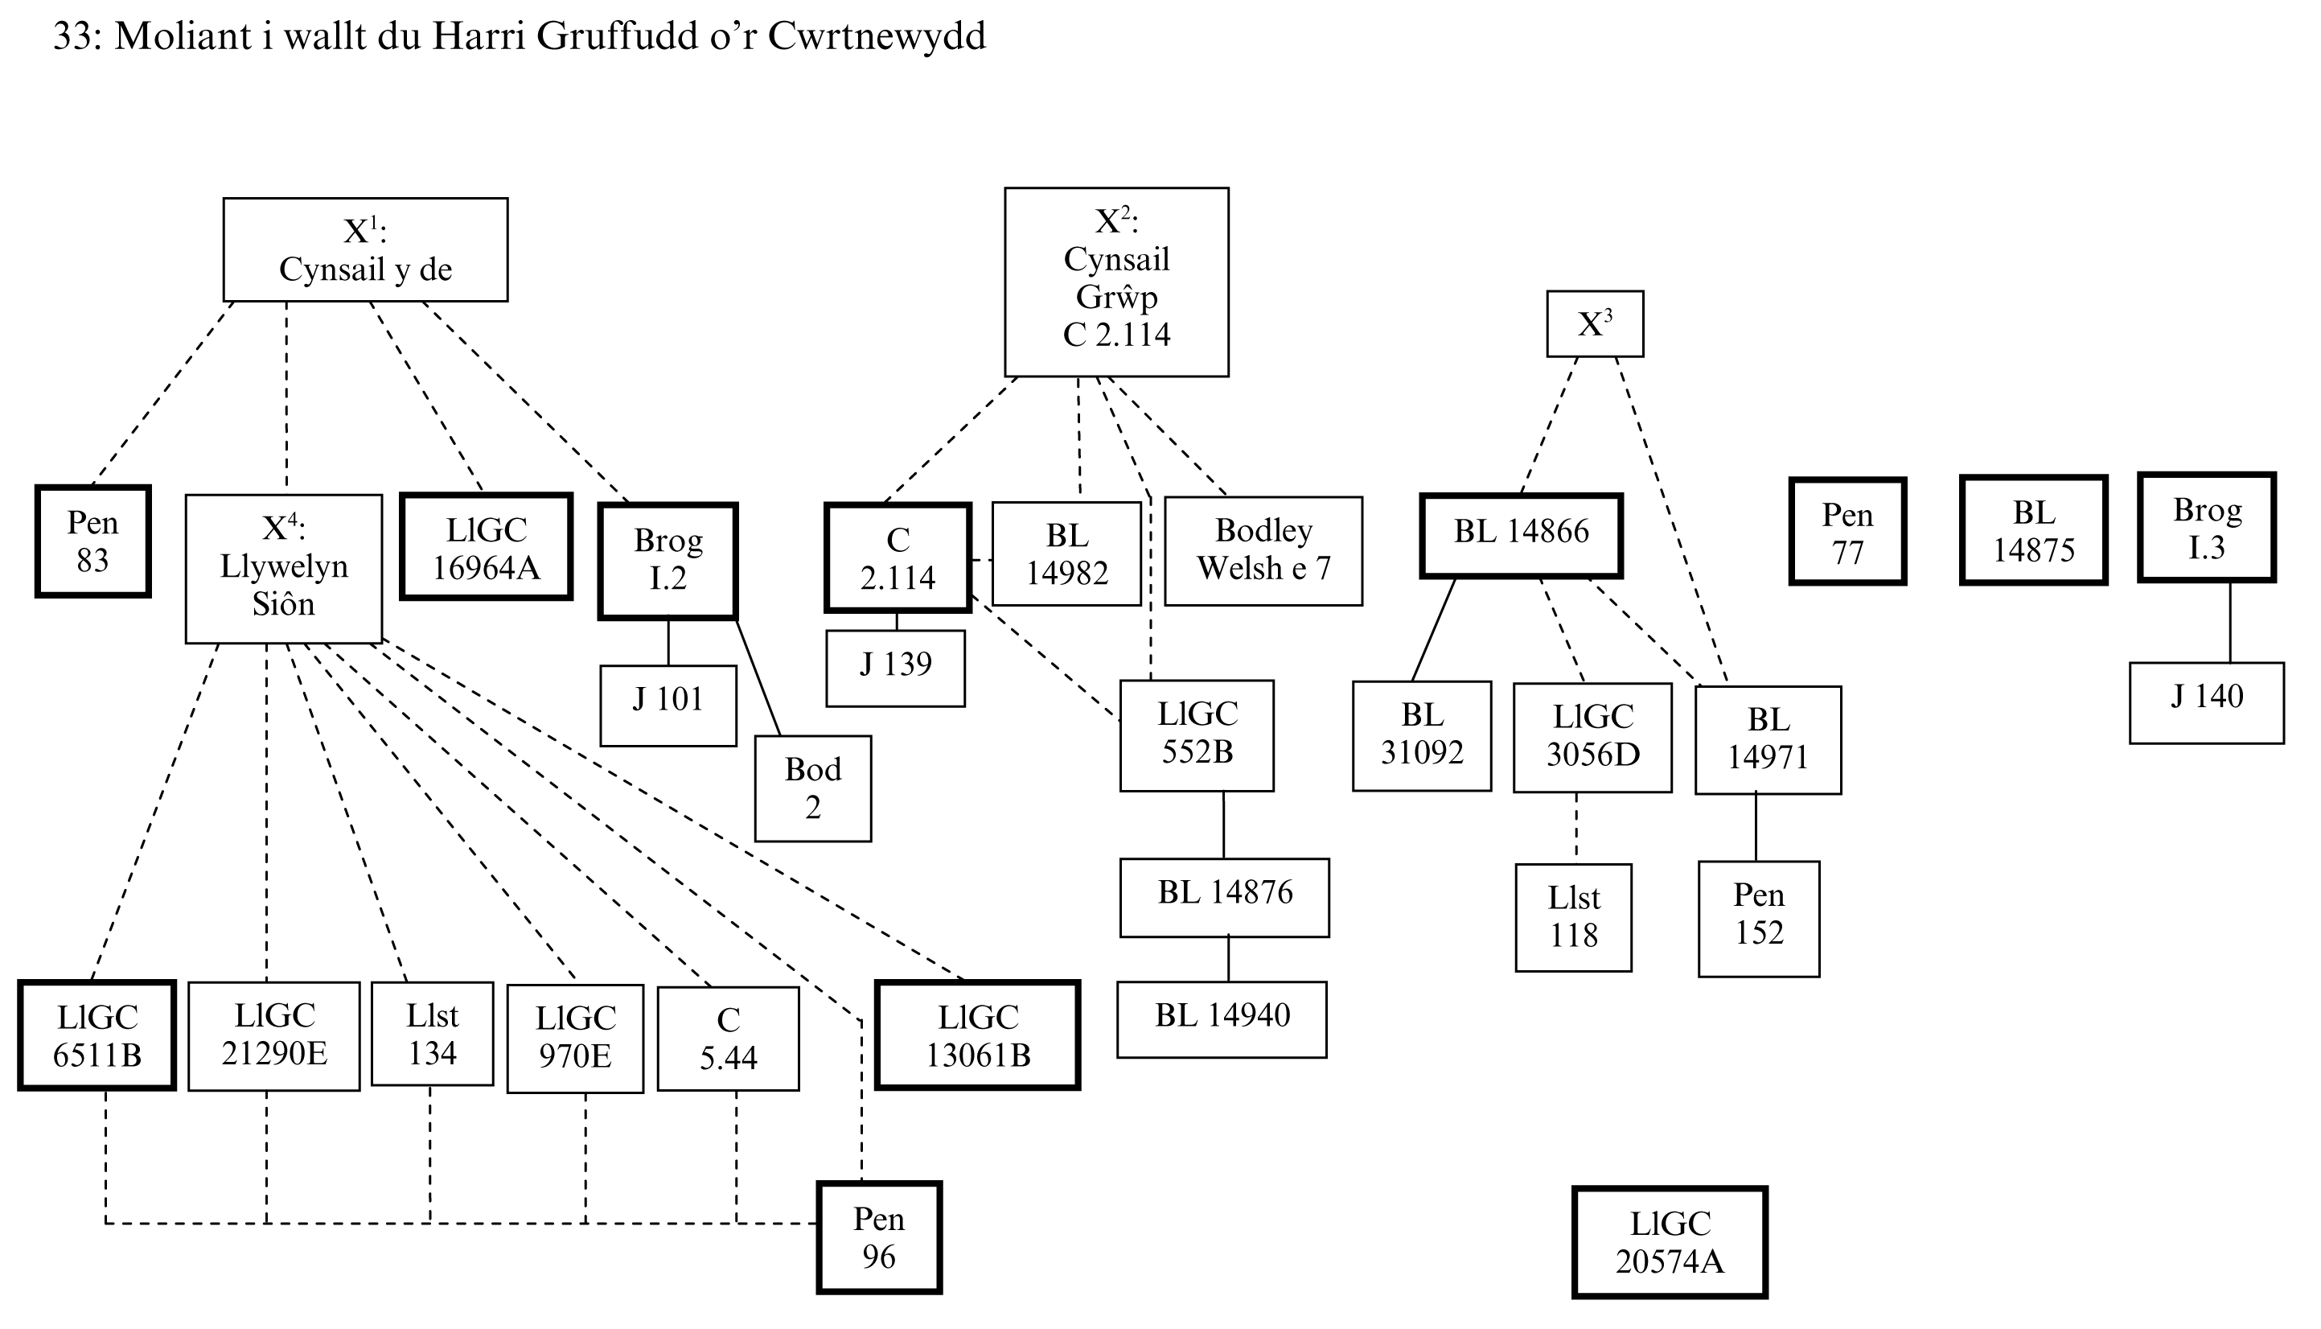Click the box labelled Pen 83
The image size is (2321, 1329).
point(93,541)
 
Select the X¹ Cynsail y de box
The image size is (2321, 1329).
point(365,250)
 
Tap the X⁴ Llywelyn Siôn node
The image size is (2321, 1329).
point(284,568)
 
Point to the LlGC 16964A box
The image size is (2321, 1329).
point(487,548)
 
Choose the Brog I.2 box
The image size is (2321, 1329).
point(668,561)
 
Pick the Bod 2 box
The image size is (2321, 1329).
point(813,788)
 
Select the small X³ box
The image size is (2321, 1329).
point(1595,324)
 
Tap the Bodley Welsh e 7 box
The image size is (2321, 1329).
point(1263,550)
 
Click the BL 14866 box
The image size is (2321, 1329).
point(1521,536)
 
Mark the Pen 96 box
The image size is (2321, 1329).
point(878,1238)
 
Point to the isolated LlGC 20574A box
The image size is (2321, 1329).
point(1670,1242)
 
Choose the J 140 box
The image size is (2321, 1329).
point(2206,702)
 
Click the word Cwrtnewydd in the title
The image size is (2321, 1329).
point(877,36)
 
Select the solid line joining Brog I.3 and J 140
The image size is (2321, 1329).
point(2231,623)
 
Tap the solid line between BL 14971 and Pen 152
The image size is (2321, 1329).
point(1756,827)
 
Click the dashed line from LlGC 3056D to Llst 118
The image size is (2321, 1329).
point(1576,827)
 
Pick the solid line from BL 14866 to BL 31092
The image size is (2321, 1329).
point(1433,630)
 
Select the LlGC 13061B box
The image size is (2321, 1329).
point(978,1036)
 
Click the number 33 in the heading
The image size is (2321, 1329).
point(73,36)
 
